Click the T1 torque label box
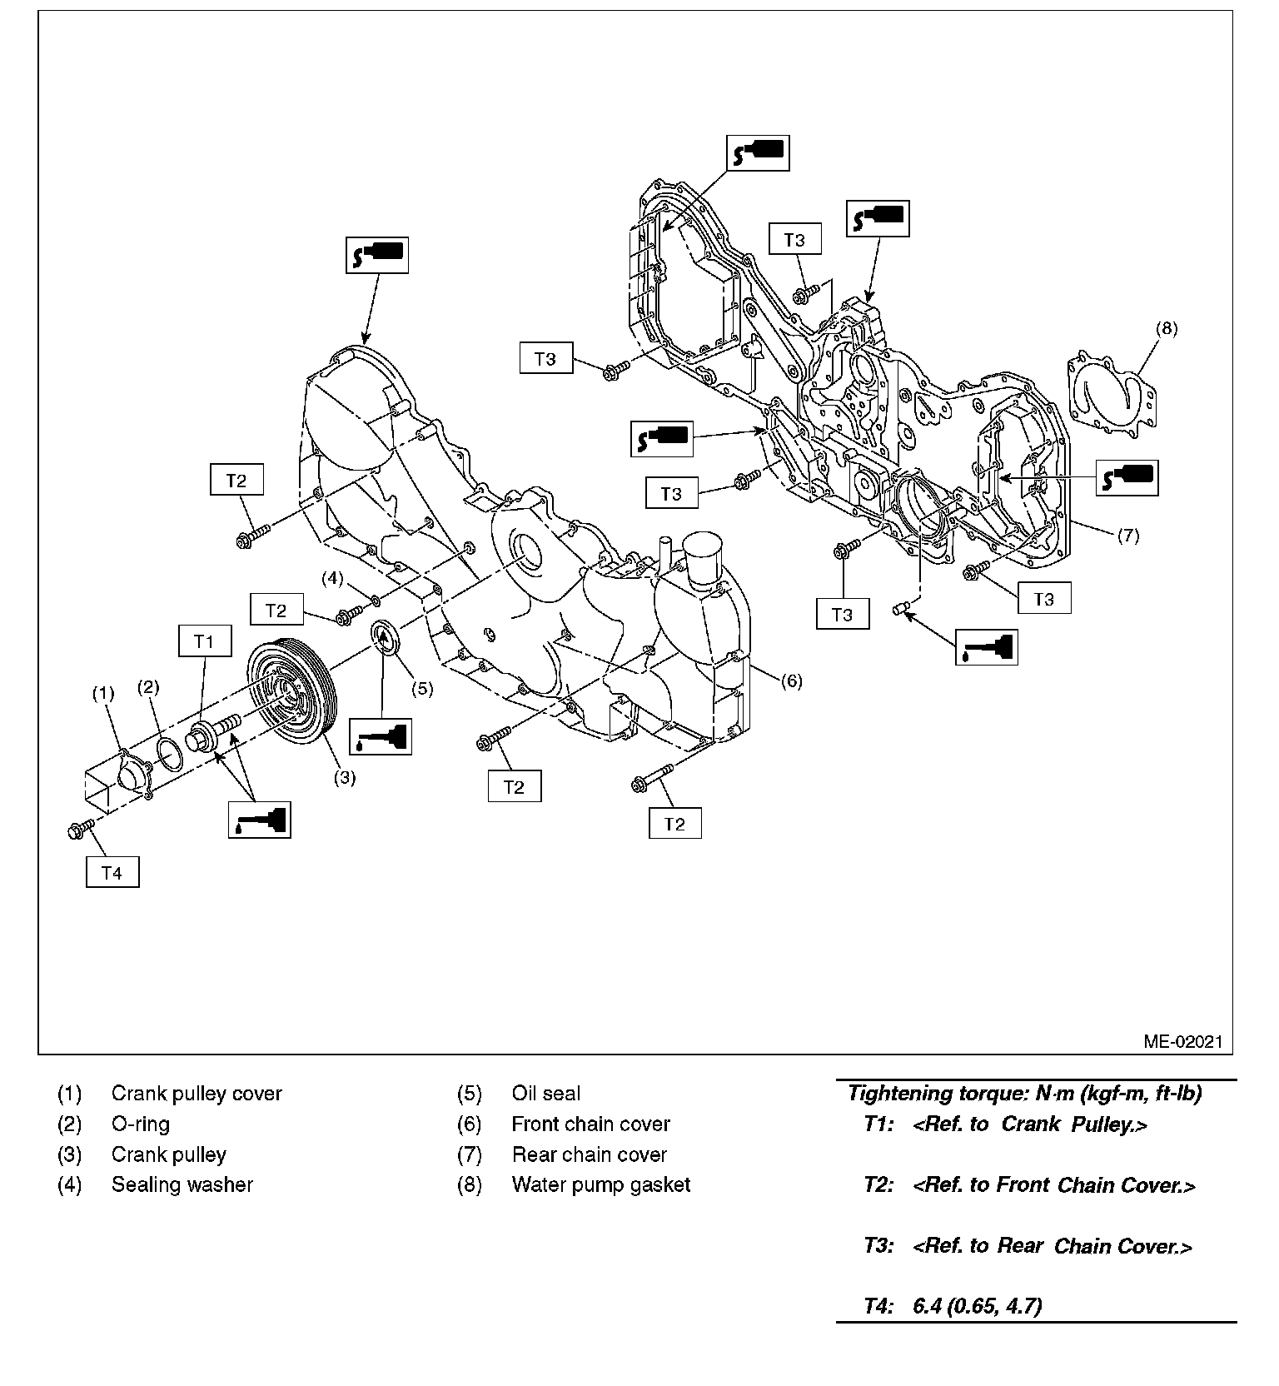click(204, 641)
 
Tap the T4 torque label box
click(112, 872)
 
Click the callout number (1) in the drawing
click(102, 693)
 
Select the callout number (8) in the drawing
click(1167, 328)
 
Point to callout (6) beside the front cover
click(791, 681)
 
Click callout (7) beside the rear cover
click(1127, 536)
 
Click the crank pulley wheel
click(291, 691)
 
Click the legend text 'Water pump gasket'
click(601, 1184)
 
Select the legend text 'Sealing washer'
click(182, 1184)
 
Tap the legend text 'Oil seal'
click(546, 1093)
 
